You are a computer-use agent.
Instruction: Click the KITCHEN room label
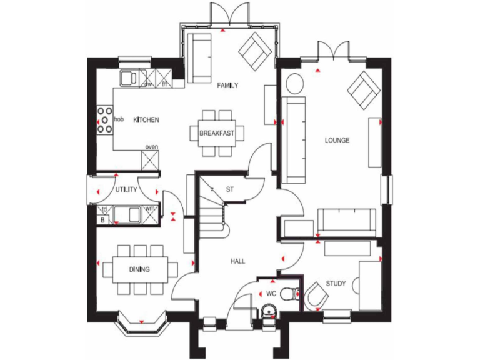click(146, 119)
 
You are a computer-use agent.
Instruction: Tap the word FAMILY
click(227, 86)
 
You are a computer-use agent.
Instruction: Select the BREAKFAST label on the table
click(217, 133)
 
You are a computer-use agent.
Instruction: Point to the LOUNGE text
click(337, 140)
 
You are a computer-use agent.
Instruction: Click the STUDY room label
click(336, 284)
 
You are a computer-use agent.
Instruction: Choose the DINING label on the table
click(139, 270)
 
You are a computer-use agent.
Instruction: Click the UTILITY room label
click(126, 189)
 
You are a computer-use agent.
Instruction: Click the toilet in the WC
click(290, 294)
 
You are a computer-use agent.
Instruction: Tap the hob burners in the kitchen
click(104, 120)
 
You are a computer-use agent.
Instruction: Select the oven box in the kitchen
click(151, 159)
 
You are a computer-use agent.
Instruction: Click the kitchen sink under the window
click(130, 77)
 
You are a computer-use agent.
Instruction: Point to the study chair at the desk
click(316, 296)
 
